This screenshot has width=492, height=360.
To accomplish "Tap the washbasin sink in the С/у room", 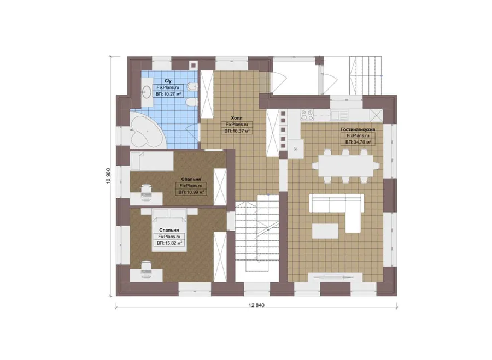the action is coord(146,92).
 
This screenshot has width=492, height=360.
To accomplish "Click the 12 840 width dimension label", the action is coord(256,305).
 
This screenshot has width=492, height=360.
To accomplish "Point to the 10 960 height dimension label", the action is coord(109,176).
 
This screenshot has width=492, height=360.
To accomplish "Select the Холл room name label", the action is coord(237,118).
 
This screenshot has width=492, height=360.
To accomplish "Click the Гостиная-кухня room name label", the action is coord(358,129).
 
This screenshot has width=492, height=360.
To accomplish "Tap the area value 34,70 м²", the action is coord(358,142).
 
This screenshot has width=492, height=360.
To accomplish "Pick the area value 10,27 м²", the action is coord(168,94).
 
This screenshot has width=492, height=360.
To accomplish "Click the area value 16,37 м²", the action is coord(237,131).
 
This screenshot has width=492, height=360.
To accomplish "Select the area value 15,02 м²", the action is coord(169,243).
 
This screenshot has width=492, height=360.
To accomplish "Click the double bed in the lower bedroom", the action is coord(169,230).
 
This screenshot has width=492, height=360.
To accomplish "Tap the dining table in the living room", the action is coord(346,166).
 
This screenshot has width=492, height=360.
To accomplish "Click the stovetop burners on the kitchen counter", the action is coord(307,115).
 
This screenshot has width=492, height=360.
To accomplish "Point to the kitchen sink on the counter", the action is coord(339,115).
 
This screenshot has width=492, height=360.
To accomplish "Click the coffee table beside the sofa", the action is coord(325,231).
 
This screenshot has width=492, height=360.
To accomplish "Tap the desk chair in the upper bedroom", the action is coord(146,191).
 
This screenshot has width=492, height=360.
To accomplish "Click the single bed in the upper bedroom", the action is coord(152,162).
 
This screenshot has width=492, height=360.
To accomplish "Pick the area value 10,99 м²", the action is coord(191,192).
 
